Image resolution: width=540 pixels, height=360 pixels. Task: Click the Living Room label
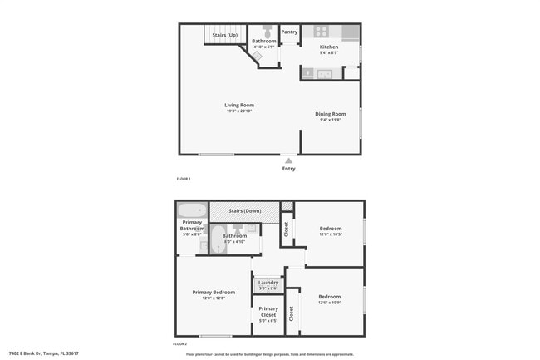(239, 106)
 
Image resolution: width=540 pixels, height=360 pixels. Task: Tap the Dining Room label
(330, 114)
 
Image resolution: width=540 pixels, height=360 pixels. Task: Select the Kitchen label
(329, 47)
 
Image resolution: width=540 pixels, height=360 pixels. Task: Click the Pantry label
(289, 32)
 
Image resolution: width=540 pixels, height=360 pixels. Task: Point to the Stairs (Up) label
(224, 35)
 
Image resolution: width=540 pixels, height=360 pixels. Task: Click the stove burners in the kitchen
(321, 32)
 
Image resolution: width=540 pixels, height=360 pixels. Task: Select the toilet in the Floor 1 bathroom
(268, 32)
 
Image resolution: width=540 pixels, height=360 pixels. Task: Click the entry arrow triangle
(288, 160)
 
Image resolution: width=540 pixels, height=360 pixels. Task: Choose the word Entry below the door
(288, 169)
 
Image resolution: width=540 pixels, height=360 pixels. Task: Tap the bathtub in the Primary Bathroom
(191, 210)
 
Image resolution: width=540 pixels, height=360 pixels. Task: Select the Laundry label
(268, 283)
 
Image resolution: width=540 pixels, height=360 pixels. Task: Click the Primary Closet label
(268, 312)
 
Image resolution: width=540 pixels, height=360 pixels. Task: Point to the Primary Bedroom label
(214, 292)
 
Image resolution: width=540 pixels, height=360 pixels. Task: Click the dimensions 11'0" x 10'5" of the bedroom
(330, 234)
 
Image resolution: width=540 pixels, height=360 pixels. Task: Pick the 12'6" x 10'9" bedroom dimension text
(330, 302)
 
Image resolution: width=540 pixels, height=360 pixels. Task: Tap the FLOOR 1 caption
(184, 179)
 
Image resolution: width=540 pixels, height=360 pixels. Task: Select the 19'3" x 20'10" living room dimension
(239, 111)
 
